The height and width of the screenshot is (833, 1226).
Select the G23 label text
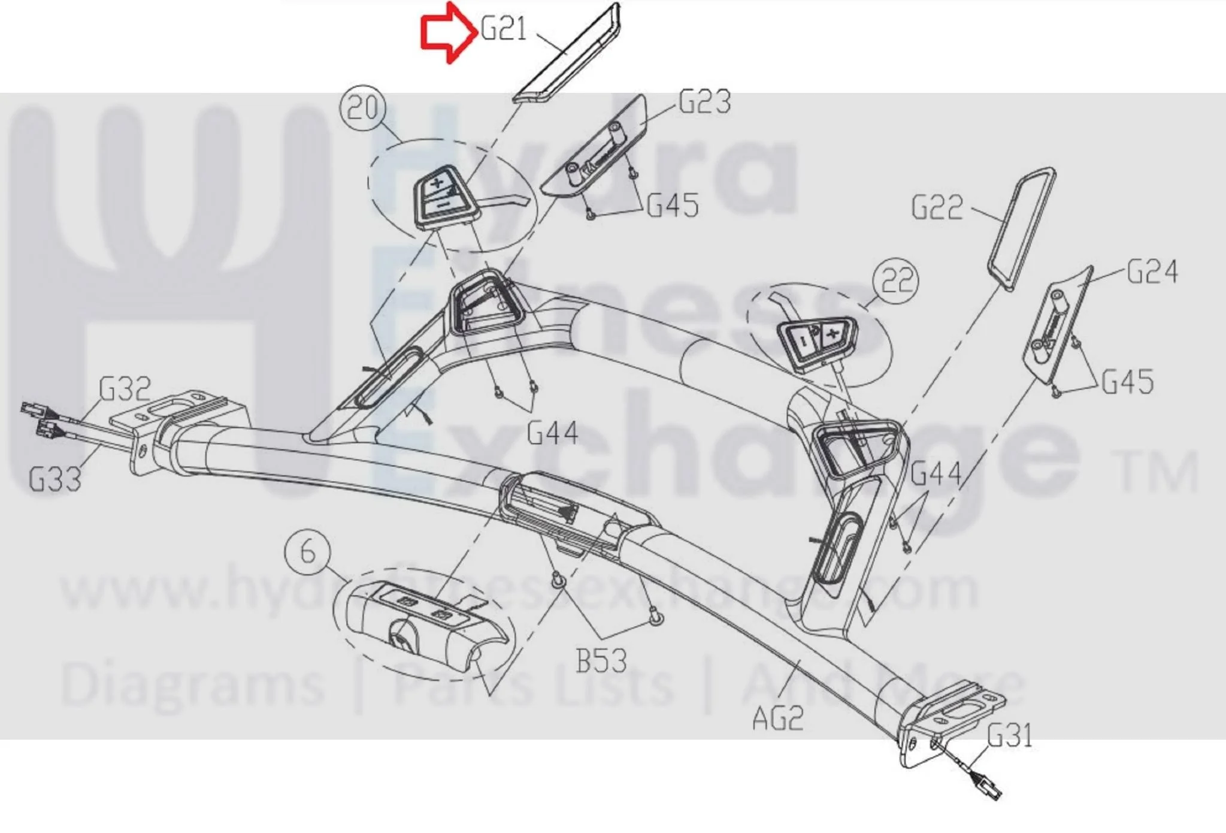[704, 102]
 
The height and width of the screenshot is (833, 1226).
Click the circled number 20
[363, 108]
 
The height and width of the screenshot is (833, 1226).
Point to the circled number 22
[896, 280]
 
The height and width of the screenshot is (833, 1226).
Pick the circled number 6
[307, 551]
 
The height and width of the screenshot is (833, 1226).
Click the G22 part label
[937, 208]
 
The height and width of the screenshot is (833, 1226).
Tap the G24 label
[1152, 271]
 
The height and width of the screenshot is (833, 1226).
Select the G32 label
[125, 389]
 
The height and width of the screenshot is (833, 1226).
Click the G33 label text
[55, 479]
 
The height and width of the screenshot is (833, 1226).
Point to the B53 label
[601, 661]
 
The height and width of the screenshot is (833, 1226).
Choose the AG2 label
[778, 718]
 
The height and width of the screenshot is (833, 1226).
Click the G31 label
[1010, 736]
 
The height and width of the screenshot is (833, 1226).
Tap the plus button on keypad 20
[437, 182]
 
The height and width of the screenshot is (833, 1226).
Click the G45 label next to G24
[1128, 382]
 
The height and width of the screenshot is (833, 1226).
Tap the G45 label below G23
[673, 206]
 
